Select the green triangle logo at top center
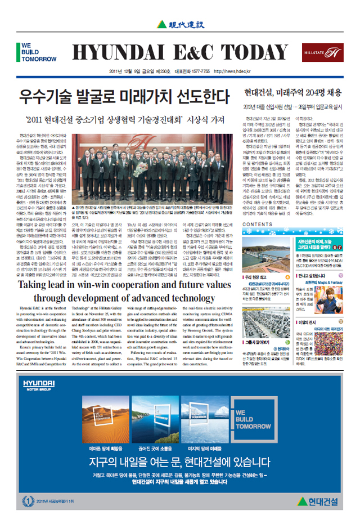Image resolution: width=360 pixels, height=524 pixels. pos(162,24)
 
